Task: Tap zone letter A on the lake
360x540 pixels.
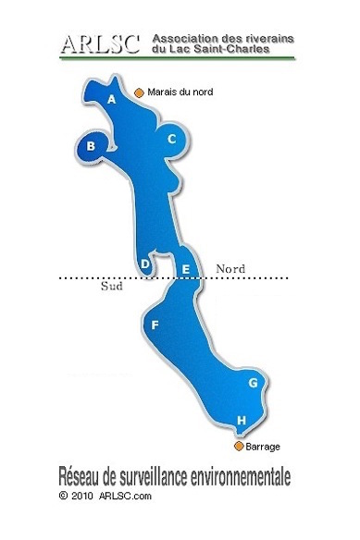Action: (112, 99)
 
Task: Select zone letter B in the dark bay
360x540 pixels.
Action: (91, 145)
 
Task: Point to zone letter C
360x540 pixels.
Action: (171, 140)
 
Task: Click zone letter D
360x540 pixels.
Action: (145, 264)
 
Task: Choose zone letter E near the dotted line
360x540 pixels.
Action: (186, 270)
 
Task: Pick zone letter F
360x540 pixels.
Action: (155, 325)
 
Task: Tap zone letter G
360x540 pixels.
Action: (252, 382)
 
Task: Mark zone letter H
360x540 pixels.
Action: (242, 422)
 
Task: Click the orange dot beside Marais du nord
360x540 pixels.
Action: (139, 92)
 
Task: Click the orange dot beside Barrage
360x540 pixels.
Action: (238, 447)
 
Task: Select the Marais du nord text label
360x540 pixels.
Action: (180, 92)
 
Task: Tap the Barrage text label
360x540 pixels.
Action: (263, 447)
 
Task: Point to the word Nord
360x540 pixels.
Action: (230, 268)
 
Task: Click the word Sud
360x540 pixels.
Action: (111, 287)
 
